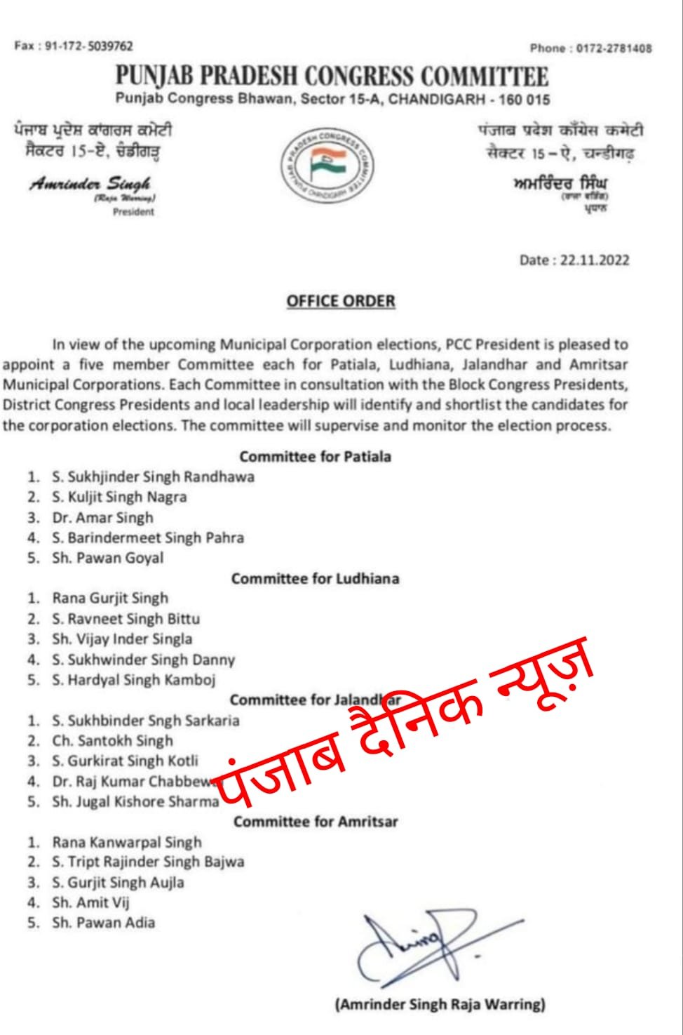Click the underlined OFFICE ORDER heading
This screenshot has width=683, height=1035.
[x=341, y=302]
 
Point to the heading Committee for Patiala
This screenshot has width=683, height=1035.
[x=315, y=457]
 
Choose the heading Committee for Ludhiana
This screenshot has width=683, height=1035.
[x=315, y=579]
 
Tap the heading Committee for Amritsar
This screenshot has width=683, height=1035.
[x=315, y=822]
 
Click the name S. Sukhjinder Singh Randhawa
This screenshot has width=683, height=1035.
[x=153, y=477]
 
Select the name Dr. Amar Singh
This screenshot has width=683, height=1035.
[x=102, y=518]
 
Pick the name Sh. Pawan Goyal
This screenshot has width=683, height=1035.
[x=107, y=559]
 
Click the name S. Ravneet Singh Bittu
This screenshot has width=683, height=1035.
[x=126, y=619]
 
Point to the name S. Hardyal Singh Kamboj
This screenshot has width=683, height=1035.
[x=133, y=680]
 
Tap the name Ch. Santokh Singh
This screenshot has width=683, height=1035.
[x=112, y=741]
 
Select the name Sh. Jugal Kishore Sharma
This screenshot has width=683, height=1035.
[x=135, y=802]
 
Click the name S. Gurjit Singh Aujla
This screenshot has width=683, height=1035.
[x=118, y=883]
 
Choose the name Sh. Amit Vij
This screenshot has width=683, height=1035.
[x=90, y=903]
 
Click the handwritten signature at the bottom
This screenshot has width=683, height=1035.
[x=421, y=944]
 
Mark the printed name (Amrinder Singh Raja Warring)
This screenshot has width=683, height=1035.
[x=440, y=1005]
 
